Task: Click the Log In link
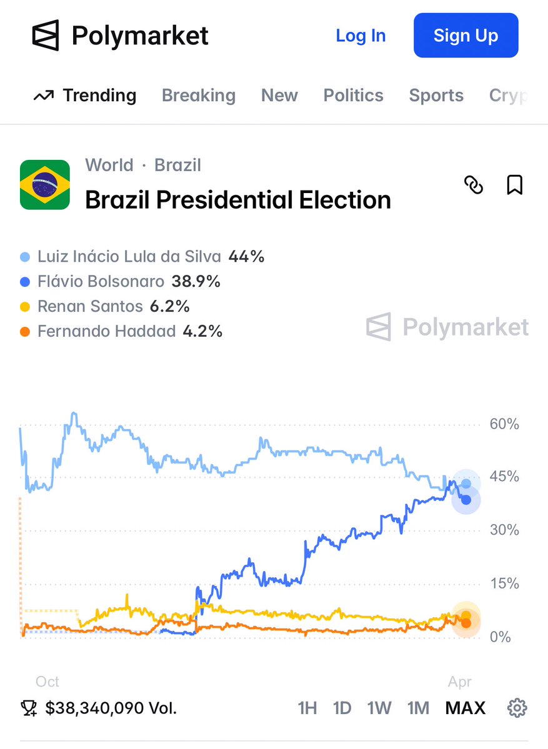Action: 361,36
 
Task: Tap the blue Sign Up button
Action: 466,36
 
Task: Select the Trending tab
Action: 85,96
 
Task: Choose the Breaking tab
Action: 198,96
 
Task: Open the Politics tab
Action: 353,96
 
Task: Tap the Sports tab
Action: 436,96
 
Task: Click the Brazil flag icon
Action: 45,184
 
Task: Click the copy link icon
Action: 474,185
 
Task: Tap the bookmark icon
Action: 514,185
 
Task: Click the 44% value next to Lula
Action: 246,257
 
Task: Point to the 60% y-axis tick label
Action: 504,425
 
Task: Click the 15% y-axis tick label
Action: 504,584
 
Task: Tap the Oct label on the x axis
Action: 47,682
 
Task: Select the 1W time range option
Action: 379,708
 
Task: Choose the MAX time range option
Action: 465,708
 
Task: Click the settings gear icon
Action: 517,708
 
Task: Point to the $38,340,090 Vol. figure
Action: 111,708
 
